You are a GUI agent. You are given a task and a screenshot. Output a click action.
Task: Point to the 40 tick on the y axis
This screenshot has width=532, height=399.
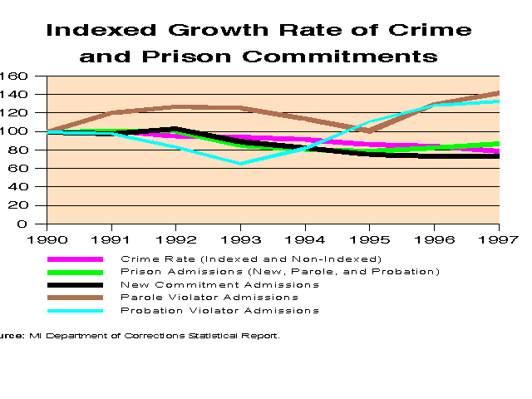[x=20, y=187]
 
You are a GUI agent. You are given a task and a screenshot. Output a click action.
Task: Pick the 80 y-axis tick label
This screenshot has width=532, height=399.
[x=20, y=150]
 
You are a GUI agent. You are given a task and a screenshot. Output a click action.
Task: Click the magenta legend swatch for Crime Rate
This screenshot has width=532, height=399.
[x=74, y=259]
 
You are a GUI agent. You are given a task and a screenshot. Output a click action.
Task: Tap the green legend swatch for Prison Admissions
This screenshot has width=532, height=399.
[x=74, y=272]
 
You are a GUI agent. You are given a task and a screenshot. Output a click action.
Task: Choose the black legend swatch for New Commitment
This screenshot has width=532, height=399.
[x=74, y=284]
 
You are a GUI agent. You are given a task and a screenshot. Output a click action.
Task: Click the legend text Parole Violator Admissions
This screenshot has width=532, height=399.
[x=209, y=297]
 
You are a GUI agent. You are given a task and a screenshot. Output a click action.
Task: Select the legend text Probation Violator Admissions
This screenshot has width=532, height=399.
[x=219, y=310]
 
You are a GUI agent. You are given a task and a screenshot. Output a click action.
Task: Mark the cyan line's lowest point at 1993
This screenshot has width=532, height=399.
[x=241, y=163]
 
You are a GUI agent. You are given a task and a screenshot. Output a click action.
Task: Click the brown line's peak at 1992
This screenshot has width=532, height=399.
[x=176, y=106]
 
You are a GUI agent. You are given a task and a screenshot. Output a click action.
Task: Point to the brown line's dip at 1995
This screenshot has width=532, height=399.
[x=370, y=131]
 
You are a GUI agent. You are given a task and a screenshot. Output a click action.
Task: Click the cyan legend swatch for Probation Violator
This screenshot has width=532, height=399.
[x=74, y=310]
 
